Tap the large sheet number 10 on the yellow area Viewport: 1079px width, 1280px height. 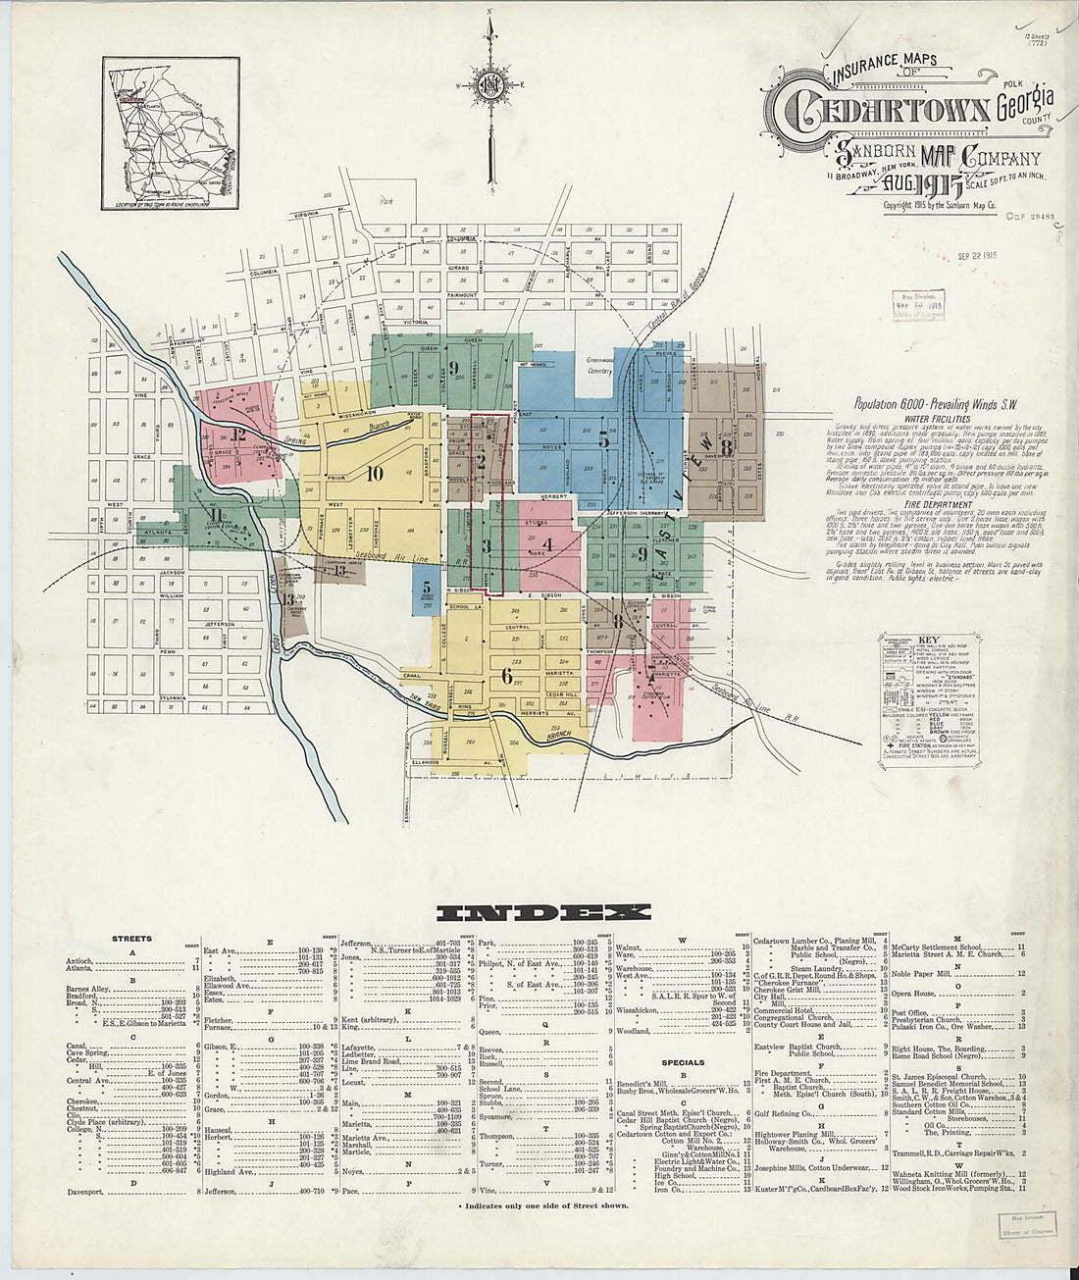pos(374,474)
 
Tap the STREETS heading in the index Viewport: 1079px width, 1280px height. pos(131,939)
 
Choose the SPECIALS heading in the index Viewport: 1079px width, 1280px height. pos(683,1062)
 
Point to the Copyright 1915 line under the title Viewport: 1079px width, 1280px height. pos(940,206)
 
